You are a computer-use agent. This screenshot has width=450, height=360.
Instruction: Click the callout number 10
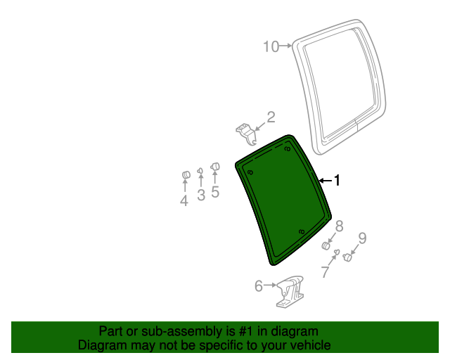(x=271, y=47)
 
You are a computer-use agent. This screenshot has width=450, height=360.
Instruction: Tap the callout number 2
(x=270, y=117)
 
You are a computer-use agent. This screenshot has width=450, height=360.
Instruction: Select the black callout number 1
(x=337, y=181)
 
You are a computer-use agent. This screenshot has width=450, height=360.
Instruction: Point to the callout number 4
(x=184, y=201)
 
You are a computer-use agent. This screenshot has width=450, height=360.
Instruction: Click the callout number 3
(x=200, y=195)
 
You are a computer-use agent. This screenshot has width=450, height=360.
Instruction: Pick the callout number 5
(x=215, y=192)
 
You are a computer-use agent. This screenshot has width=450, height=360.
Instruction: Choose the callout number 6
(x=259, y=286)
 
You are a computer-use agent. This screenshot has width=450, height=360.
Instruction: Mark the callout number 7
(x=325, y=272)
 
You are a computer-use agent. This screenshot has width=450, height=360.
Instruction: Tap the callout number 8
(x=339, y=226)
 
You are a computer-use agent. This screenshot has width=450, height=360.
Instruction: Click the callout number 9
(x=363, y=238)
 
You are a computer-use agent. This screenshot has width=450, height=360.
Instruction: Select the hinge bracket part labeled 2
(x=244, y=131)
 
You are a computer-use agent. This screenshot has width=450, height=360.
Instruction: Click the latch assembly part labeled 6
(x=290, y=292)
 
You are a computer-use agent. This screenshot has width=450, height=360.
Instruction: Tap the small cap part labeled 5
(x=215, y=167)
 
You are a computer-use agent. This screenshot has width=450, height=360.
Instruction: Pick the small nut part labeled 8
(x=326, y=245)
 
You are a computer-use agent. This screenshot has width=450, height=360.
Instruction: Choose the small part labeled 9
(x=347, y=257)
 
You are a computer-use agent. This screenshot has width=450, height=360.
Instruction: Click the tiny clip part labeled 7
(x=336, y=252)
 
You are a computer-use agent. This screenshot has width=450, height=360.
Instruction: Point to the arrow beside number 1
(x=324, y=181)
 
